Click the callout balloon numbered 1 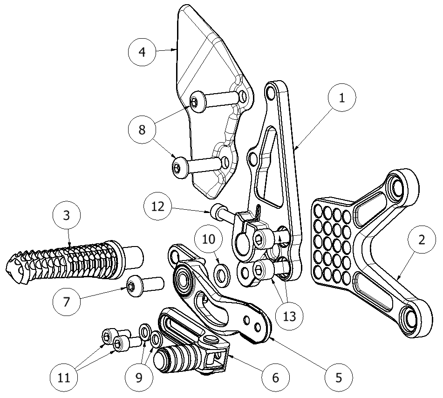(x=341, y=98)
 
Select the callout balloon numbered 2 (x=421, y=240)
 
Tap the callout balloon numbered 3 (x=67, y=215)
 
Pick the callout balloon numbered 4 (x=143, y=51)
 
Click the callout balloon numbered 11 (x=65, y=377)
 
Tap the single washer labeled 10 (x=222, y=274)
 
